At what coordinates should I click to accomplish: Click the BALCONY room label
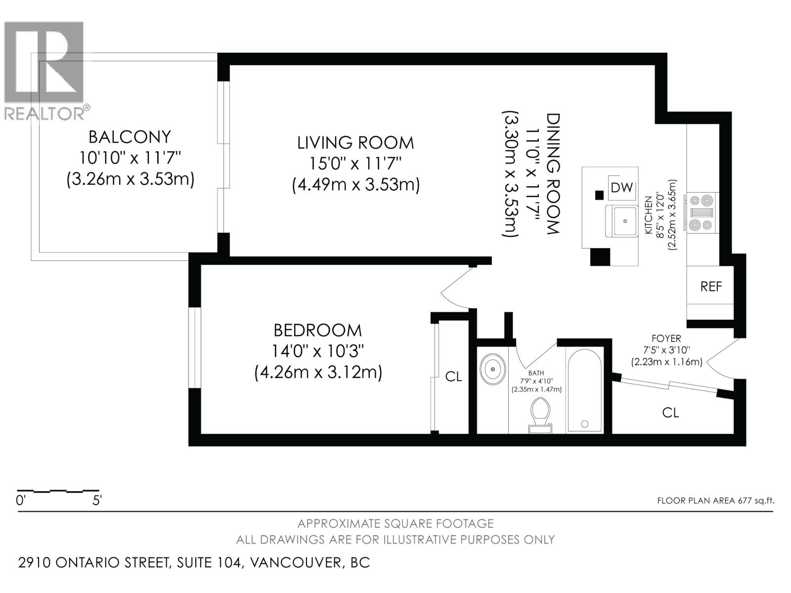tap(130, 136)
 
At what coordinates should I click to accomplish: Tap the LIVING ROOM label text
tap(355, 142)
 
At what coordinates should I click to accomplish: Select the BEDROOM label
tap(317, 330)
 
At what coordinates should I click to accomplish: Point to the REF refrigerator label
tap(711, 286)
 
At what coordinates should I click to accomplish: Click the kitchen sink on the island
tap(625, 221)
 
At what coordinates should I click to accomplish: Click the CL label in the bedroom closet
tap(453, 377)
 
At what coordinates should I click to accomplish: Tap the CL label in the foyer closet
tap(670, 412)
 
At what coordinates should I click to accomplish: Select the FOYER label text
tap(666, 339)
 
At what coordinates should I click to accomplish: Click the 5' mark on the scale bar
tap(97, 500)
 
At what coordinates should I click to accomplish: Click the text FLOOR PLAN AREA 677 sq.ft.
tap(715, 500)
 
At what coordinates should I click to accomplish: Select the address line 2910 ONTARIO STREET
tap(194, 562)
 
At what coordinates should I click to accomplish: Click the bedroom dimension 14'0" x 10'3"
tap(317, 351)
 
